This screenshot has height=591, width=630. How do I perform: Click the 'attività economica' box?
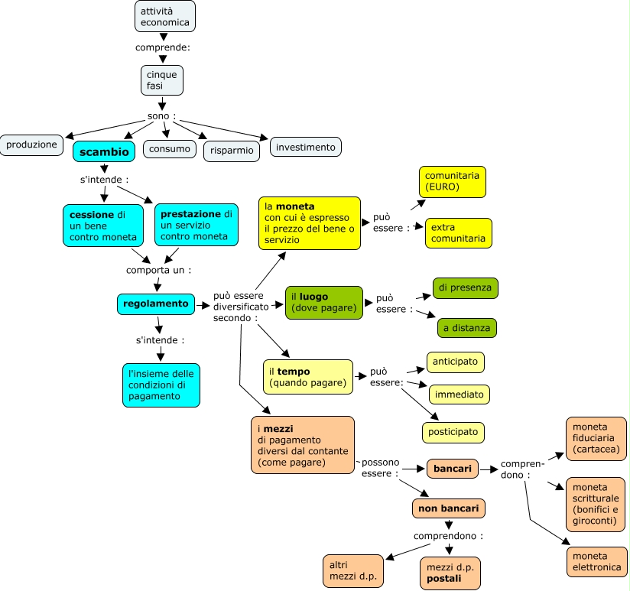[x=164, y=17]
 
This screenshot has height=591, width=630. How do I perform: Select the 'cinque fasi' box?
[x=162, y=80]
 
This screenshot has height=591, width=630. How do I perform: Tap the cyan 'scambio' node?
[x=104, y=151]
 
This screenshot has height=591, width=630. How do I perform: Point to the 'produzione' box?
[x=31, y=145]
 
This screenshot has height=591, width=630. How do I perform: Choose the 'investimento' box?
[x=305, y=147]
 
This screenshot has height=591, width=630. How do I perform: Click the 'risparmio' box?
[x=232, y=151]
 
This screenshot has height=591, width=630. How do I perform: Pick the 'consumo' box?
[x=170, y=149]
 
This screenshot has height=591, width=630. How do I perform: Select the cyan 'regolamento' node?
[x=156, y=304]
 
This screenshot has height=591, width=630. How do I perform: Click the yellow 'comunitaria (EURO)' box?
[x=453, y=182]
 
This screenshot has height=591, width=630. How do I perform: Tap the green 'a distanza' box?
[x=467, y=328]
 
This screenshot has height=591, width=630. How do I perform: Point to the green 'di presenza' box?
[x=466, y=287]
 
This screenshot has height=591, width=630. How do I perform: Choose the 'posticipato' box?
[x=453, y=432]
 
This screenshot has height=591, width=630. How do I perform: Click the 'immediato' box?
[x=460, y=395]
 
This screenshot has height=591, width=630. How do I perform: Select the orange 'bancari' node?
[x=453, y=469]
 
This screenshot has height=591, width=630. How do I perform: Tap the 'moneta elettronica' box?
[x=596, y=562]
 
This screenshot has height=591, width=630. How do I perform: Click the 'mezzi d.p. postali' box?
[x=450, y=573]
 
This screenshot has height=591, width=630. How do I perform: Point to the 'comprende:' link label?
[x=163, y=47]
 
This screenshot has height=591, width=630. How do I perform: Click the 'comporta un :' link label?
[x=159, y=270]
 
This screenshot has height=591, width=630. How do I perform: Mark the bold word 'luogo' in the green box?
[x=313, y=297]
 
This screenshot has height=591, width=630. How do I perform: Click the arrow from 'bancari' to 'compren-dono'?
[x=489, y=469]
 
